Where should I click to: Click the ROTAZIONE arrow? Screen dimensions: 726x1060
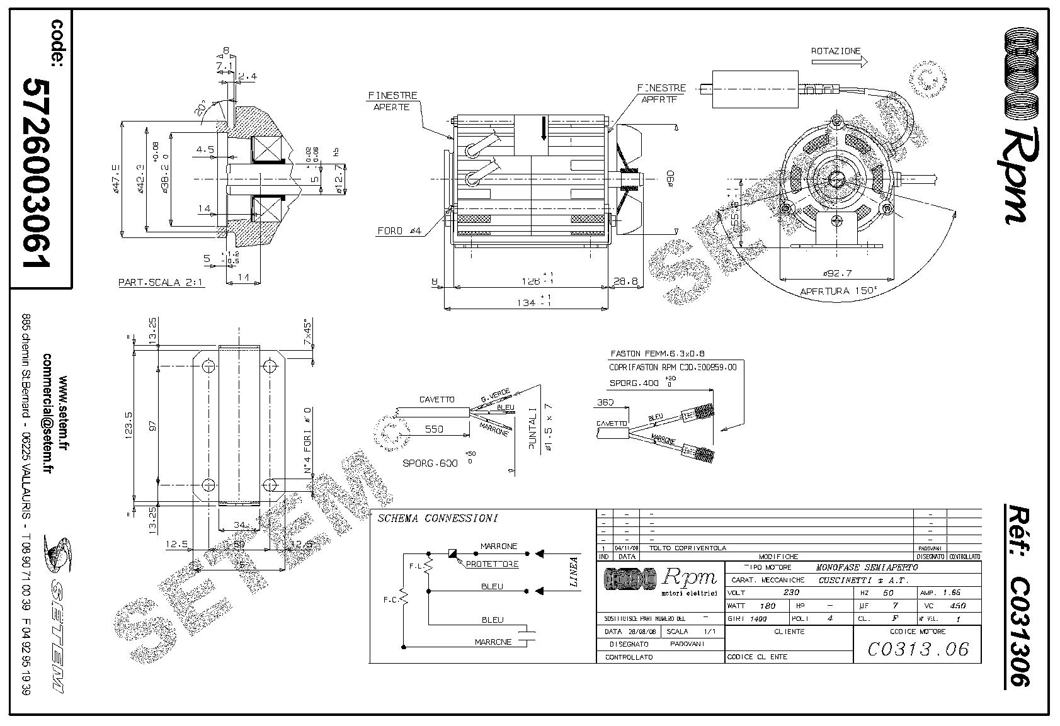839,62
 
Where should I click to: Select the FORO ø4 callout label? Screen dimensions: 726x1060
399,231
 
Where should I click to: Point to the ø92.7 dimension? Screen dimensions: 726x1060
837,273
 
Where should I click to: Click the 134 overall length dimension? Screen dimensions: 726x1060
527,302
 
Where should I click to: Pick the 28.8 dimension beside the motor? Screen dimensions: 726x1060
625,281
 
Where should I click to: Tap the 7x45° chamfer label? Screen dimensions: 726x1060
307,334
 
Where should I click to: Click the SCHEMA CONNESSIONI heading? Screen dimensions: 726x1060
437,519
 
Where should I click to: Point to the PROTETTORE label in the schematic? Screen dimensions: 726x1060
492,564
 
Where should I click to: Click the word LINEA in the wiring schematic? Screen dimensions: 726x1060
574,572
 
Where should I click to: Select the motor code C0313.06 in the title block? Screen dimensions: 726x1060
918,649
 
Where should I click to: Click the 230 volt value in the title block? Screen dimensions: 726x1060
791,593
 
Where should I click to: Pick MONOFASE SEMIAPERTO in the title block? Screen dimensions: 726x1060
867,567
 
